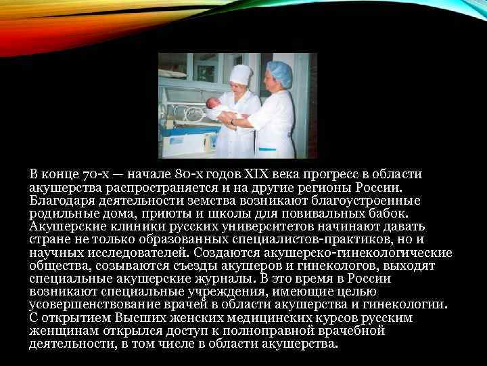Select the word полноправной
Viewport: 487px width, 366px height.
(x=242, y=331)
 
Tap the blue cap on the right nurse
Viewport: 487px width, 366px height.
(x=279, y=71)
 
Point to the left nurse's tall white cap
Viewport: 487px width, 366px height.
(x=239, y=73)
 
